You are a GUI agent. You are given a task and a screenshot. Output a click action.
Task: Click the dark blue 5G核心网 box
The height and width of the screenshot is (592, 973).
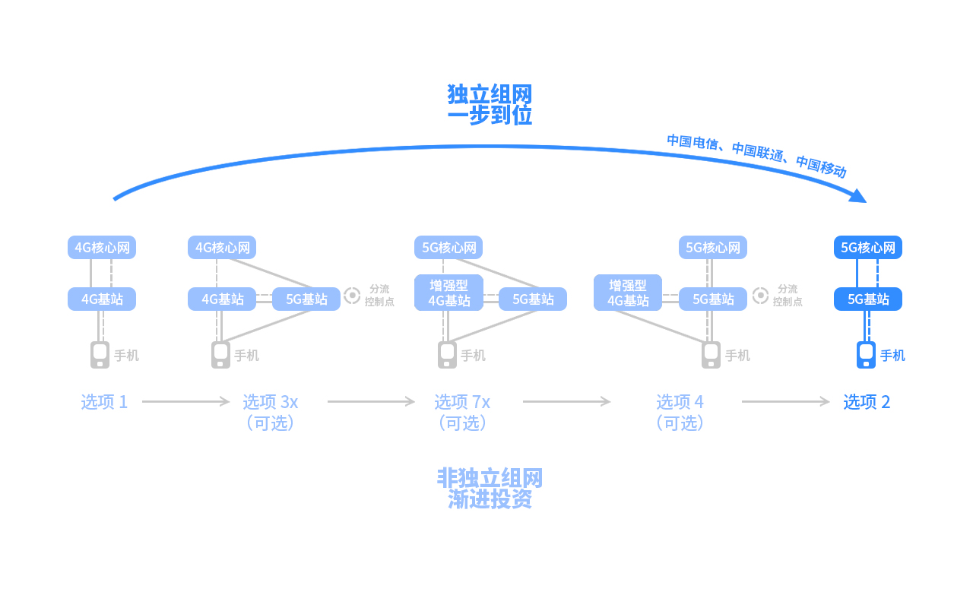click(x=867, y=247)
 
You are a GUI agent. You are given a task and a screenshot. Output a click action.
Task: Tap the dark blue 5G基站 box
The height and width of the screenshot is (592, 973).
click(x=867, y=299)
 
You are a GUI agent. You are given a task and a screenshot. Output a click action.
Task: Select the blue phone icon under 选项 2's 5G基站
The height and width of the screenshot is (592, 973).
click(x=866, y=355)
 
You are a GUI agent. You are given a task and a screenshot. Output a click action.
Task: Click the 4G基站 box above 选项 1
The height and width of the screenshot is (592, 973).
click(x=102, y=299)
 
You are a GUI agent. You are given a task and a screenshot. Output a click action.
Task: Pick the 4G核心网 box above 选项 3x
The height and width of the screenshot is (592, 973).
click(x=221, y=247)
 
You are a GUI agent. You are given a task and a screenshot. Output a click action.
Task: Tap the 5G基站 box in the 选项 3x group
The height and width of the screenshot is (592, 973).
click(x=306, y=299)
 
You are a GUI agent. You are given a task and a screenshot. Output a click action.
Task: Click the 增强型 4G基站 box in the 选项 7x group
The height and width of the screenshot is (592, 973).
click(x=448, y=293)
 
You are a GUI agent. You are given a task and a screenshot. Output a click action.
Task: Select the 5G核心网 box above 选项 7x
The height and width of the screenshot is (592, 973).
click(x=448, y=247)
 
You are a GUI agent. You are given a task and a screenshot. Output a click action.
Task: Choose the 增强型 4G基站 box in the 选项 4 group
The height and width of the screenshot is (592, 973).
click(x=628, y=293)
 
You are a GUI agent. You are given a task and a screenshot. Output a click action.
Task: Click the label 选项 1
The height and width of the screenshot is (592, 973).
click(x=104, y=402)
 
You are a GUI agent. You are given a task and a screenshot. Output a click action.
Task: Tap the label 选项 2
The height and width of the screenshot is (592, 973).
click(x=867, y=402)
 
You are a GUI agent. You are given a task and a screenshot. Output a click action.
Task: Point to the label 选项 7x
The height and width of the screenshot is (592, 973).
click(x=462, y=402)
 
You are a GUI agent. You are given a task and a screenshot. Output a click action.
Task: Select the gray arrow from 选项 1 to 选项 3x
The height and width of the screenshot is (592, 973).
click(x=186, y=401)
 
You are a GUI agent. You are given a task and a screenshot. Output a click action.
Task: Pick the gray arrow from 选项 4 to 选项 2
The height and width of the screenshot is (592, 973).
click(x=786, y=401)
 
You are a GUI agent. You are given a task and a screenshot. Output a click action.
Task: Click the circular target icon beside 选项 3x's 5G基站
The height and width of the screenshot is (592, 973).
click(x=352, y=296)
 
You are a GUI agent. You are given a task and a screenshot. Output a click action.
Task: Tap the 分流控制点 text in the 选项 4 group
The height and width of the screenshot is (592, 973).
click(x=788, y=295)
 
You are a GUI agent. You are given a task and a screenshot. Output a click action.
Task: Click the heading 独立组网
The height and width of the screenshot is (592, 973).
click(x=490, y=94)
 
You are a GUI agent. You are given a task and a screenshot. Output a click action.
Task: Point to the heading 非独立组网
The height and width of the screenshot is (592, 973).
click(x=490, y=478)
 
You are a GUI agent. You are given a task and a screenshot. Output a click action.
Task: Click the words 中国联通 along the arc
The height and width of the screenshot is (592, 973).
click(x=758, y=151)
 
